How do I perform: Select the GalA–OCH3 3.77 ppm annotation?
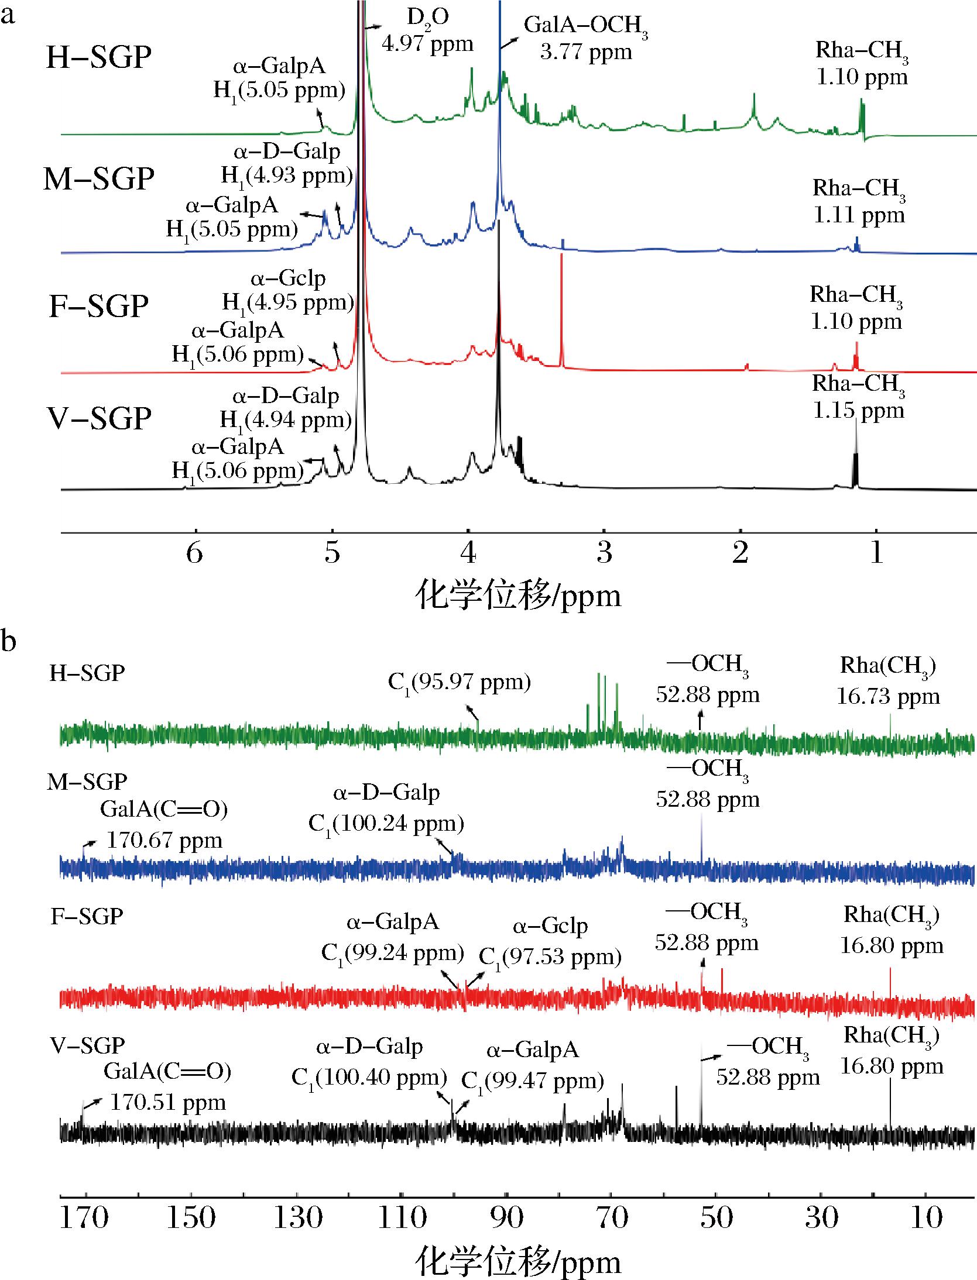[585, 39]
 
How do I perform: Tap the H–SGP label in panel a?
[99, 58]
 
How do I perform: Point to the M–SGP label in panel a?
[99, 178]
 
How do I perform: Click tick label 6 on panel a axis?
[195, 553]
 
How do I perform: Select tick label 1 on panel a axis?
[876, 553]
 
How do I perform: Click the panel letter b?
[8, 641]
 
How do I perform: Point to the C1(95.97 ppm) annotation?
[459, 682]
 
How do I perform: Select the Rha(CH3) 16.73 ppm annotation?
[888, 681]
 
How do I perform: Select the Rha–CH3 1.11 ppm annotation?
[859, 202]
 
